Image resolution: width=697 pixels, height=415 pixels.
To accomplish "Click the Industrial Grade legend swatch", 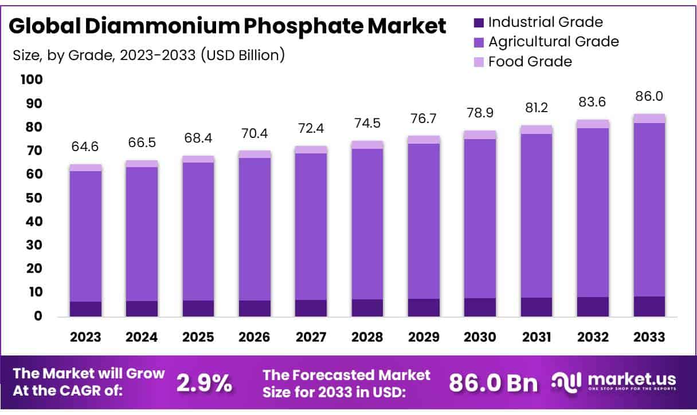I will pos(479,23).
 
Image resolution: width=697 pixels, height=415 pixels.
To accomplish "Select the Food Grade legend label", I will pos(530,61).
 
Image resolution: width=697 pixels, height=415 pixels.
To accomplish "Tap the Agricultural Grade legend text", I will pos(553,42).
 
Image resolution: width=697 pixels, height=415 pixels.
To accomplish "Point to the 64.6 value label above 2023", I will pos(85,147).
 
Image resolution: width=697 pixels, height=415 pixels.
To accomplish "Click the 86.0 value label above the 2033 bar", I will pos(649,96).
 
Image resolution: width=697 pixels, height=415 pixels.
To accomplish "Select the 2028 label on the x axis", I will pos(367,337).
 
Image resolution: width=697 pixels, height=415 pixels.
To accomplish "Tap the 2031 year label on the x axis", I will pos(537,337).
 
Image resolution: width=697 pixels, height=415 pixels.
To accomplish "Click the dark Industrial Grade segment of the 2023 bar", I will pos(85,309).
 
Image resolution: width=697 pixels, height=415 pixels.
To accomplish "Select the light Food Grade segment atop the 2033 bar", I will pos(649,118).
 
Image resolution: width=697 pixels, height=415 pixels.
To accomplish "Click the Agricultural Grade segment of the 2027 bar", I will pos(311,226).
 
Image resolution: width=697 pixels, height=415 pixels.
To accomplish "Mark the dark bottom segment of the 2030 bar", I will pos(480,307).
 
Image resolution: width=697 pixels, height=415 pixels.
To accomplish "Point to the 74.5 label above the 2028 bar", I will pos(367,123).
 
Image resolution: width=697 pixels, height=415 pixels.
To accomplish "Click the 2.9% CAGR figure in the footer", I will pos(204,384).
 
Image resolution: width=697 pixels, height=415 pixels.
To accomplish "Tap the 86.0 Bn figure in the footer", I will pos(492,384).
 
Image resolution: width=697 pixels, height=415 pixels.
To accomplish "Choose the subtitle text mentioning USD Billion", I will pos(148,56).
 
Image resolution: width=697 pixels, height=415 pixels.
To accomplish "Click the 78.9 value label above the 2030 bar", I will pos(480,113).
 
